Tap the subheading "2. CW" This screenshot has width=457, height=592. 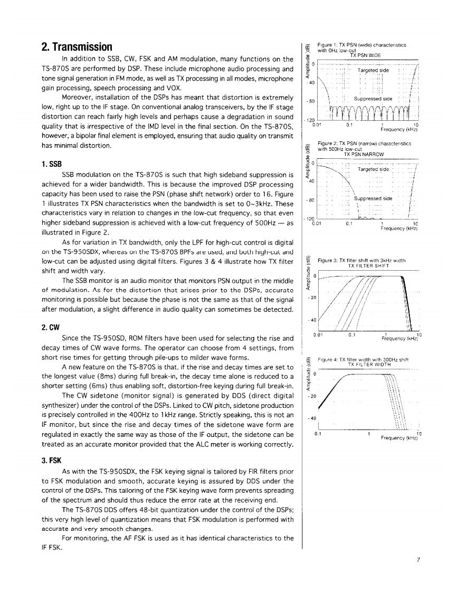coord(51,327)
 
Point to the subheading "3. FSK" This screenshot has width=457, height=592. coord(52,459)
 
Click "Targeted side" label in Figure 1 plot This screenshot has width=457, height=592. coord(373,70)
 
